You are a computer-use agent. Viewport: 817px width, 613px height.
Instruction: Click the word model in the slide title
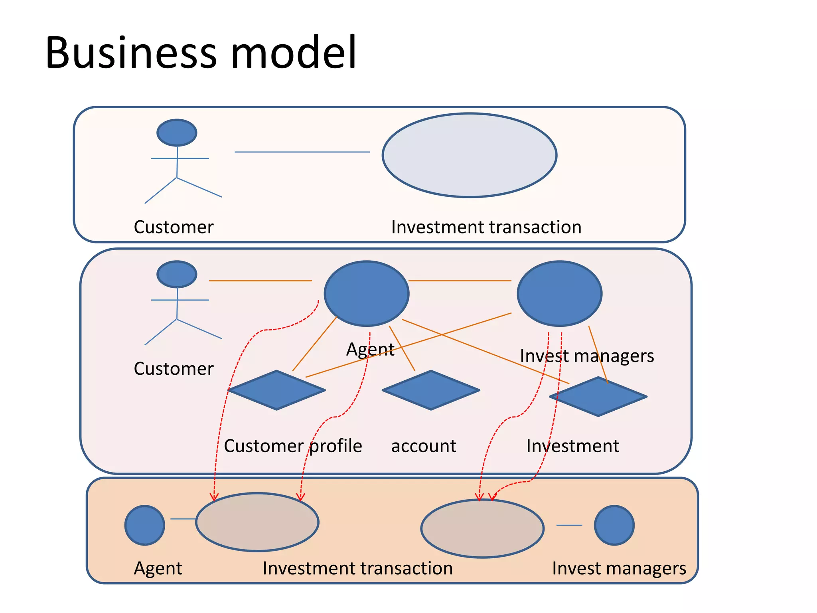(293, 53)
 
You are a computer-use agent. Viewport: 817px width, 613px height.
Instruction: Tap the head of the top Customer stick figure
(177, 132)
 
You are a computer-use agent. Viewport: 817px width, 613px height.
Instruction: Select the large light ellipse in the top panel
(469, 155)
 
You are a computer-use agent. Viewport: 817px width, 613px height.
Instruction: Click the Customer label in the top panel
(174, 227)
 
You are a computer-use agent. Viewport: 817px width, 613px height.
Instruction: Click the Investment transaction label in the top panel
(486, 227)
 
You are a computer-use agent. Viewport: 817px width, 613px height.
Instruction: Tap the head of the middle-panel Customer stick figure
(177, 274)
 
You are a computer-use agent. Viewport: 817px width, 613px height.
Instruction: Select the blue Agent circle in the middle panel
(366, 293)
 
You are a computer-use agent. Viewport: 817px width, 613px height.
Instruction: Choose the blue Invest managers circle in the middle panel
(559, 293)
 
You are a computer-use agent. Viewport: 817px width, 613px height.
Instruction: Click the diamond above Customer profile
(276, 390)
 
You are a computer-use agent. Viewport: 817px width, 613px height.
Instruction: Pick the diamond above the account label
(431, 390)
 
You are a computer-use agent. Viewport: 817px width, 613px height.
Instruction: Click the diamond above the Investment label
(598, 397)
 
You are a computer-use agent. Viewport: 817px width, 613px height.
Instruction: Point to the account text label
(424, 446)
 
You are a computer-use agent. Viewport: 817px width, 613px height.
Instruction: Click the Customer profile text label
(293, 446)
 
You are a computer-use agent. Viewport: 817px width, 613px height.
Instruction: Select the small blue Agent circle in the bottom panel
(144, 525)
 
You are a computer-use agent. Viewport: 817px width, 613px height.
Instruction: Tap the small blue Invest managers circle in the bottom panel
(614, 525)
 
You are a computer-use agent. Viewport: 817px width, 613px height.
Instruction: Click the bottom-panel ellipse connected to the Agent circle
(257, 522)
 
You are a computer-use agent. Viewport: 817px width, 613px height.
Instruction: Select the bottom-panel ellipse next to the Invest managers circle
(482, 528)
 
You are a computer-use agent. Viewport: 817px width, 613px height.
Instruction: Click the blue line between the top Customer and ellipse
(302, 152)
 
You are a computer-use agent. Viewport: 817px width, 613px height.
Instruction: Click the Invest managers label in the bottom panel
(619, 568)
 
